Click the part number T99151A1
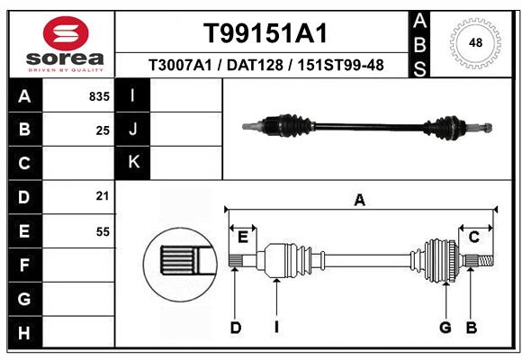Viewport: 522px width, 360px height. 264,33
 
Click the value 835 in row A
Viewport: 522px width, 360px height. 99,96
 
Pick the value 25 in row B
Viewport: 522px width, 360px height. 103,130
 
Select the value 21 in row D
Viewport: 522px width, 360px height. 103,196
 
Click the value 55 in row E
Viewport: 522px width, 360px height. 103,231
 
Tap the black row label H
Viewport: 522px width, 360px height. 23,333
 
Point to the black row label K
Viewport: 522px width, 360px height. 133,163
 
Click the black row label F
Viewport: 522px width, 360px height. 23,265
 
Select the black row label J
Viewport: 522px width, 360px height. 133,130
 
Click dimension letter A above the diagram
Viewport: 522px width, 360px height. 360,201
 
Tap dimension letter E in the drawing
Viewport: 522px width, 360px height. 242,237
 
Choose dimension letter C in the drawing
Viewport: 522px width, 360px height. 473,237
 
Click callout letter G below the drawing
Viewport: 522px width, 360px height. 445,328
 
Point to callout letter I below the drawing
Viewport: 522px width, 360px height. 277,328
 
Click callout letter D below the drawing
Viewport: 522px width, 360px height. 235,328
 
